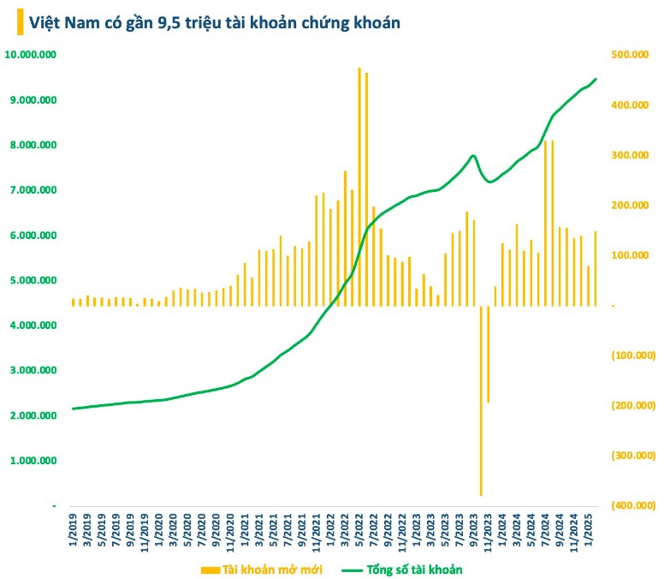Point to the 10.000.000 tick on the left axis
click(x=31, y=55)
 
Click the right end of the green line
click(x=596, y=79)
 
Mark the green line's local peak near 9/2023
click(x=473, y=156)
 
